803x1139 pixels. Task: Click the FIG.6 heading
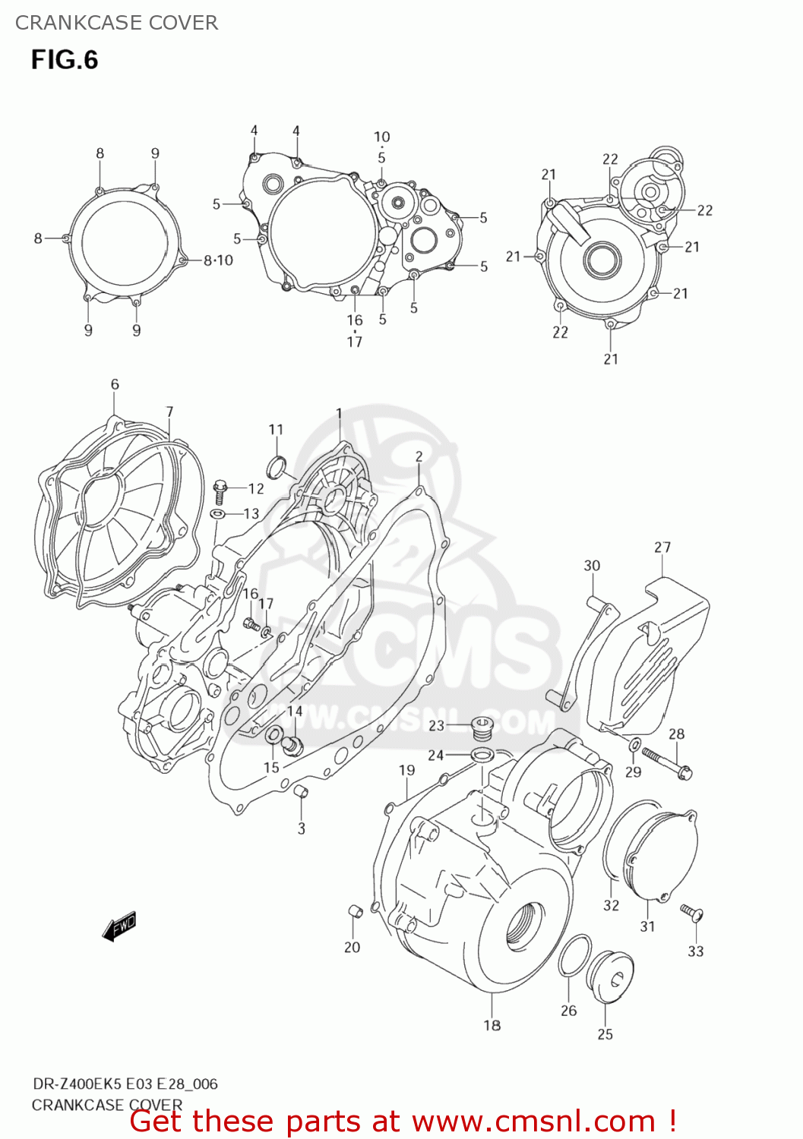pyautogui.click(x=65, y=60)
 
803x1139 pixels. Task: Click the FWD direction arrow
pyautogui.click(x=119, y=926)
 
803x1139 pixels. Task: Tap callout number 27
pyautogui.click(x=662, y=547)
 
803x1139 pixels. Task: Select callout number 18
pyautogui.click(x=492, y=1025)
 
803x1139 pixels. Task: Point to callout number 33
pyautogui.click(x=695, y=951)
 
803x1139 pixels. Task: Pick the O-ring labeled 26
pyautogui.click(x=574, y=956)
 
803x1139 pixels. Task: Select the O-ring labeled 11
pyautogui.click(x=277, y=465)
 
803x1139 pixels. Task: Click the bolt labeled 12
pyautogui.click(x=220, y=490)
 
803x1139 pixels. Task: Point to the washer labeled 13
pyautogui.click(x=217, y=515)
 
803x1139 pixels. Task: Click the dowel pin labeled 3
pyautogui.click(x=301, y=793)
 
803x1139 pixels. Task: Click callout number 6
pyautogui.click(x=115, y=384)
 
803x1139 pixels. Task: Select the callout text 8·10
pyautogui.click(x=218, y=260)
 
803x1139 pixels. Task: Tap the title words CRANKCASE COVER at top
pyautogui.click(x=116, y=23)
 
